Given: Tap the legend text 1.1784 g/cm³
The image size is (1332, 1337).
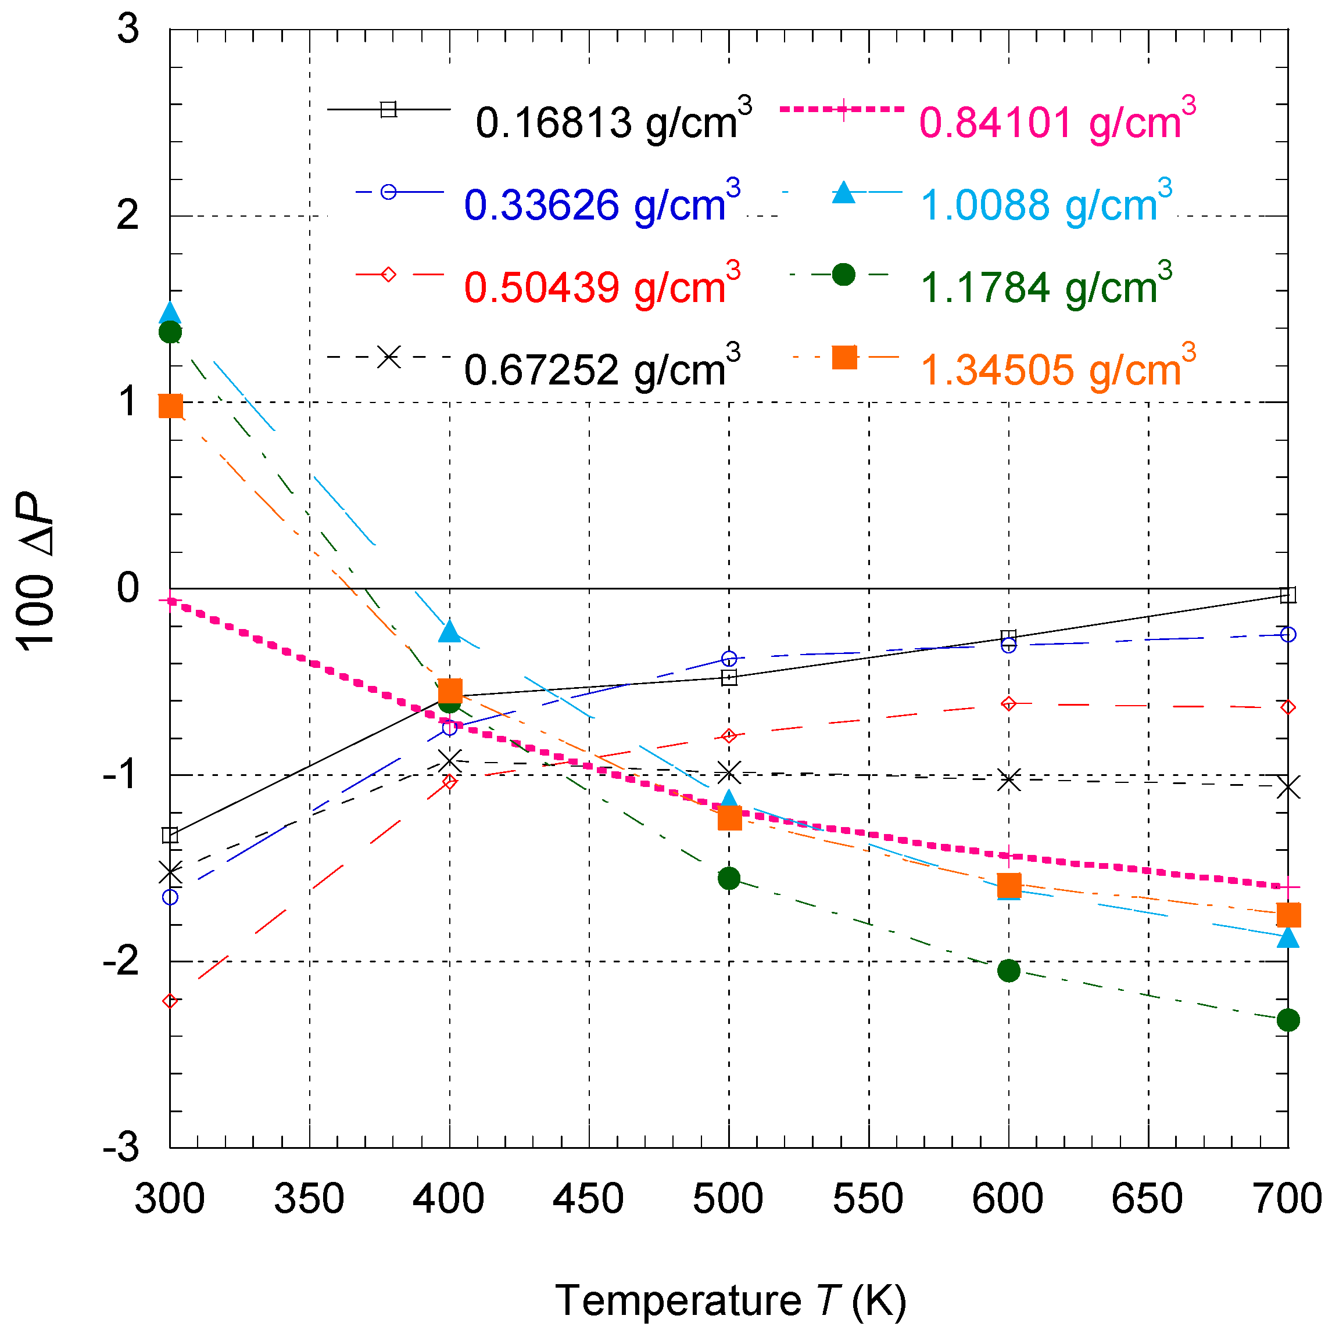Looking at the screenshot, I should [1045, 286].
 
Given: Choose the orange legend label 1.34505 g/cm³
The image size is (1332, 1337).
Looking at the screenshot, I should [1057, 369].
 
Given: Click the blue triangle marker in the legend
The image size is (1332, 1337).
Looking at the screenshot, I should [843, 193].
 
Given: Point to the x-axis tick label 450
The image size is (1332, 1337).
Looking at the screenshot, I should [589, 1199].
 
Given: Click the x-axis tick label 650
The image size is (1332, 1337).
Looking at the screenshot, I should [1147, 1199].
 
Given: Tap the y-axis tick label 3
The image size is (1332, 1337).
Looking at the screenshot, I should [128, 29].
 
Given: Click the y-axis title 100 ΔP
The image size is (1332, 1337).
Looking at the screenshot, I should [36, 572].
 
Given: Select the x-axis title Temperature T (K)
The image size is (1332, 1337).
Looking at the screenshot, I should [731, 1300].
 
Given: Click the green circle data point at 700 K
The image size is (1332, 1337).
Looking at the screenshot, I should [1288, 1020].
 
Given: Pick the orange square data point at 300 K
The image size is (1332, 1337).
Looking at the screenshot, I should [171, 406].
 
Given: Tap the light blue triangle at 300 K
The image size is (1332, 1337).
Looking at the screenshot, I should [170, 313].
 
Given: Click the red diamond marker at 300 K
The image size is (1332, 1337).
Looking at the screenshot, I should [170, 1001].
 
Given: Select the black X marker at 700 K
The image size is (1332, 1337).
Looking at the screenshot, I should [1288, 788].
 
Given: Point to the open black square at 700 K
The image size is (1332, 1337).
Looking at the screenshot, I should [1288, 595].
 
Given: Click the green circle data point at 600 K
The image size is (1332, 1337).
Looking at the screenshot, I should [1009, 970].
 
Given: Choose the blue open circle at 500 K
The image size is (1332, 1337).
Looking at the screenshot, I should [729, 658].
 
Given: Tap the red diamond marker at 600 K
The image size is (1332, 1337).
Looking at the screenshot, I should [1009, 704].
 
